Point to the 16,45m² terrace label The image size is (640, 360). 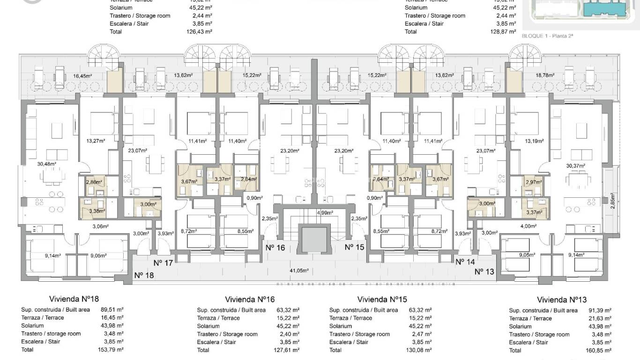coord(82,75)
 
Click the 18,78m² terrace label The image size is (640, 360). coord(546,75)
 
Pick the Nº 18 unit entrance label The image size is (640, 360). coord(143,275)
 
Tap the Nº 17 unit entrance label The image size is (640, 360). coord(164,263)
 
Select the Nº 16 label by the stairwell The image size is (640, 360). coord(275,247)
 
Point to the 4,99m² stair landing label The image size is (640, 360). coord(325,212)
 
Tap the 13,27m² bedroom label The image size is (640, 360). coord(95,140)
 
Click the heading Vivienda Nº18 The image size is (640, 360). coord(74,299)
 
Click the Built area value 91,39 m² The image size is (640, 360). coord(600,310)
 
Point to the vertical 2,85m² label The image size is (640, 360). coord(612,202)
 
